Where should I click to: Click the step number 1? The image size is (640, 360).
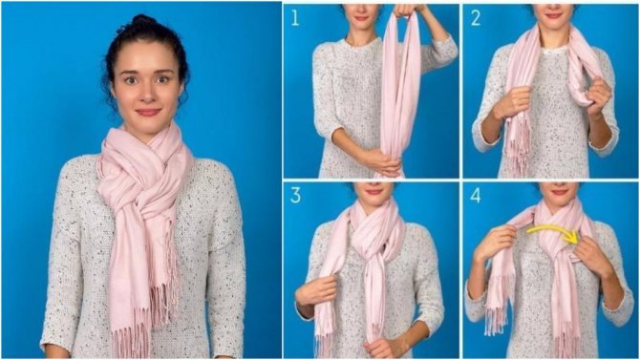coord(295,17)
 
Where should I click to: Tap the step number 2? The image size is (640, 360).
coord(476,17)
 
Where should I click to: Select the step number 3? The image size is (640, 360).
coord(295,196)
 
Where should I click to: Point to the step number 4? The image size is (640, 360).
coord(476,196)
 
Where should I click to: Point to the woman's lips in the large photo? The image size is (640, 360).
coord(148,112)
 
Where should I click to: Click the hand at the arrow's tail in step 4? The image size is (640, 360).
coord(496,243)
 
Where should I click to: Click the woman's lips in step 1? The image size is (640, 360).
coord(361,17)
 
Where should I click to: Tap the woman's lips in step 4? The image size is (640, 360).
coord(559,192)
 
